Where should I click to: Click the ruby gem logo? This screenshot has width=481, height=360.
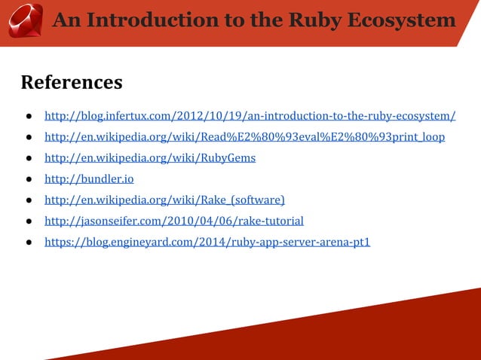click(x=24, y=20)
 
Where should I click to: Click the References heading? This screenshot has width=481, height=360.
click(x=72, y=81)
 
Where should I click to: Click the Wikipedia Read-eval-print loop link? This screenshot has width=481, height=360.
click(x=244, y=137)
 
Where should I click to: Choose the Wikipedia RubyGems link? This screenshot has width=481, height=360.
click(x=150, y=158)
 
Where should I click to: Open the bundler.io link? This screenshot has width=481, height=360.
click(x=89, y=179)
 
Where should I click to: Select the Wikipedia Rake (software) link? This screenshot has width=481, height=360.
click(x=164, y=200)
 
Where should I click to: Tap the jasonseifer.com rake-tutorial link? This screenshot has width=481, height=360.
click(x=174, y=221)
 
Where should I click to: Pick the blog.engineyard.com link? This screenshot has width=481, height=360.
click(x=207, y=242)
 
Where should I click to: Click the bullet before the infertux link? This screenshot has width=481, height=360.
click(x=26, y=117)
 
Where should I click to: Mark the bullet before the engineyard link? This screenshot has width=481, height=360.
click(x=26, y=243)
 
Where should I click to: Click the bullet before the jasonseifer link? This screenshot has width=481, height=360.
click(x=26, y=221)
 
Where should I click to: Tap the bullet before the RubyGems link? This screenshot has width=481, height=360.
click(x=26, y=159)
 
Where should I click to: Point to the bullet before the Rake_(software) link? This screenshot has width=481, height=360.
click(x=26, y=200)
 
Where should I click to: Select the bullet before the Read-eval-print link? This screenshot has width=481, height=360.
click(x=26, y=138)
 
